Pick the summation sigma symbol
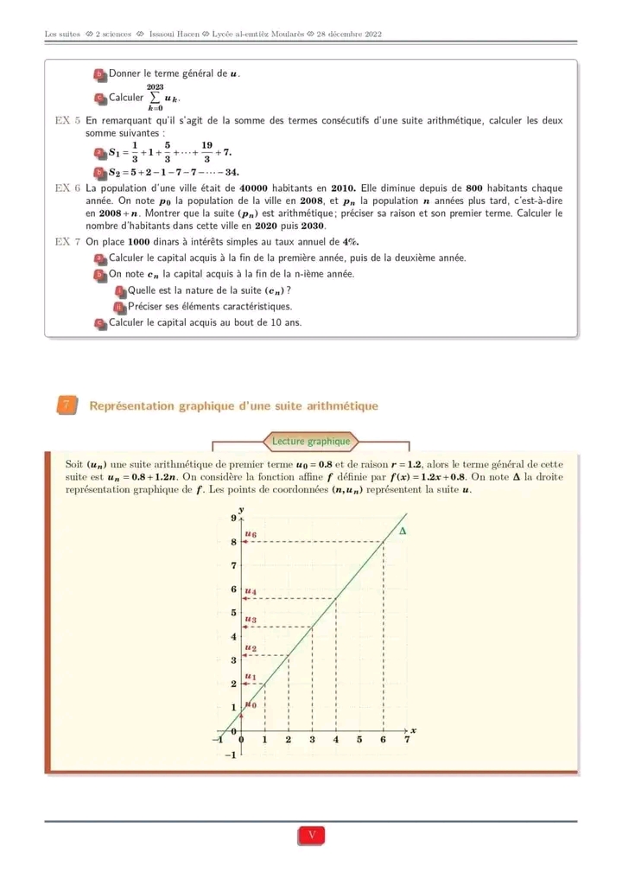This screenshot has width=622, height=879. [x=155, y=98]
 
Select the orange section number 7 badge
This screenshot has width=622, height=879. [x=66, y=405]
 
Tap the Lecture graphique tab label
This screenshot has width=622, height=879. [x=311, y=442]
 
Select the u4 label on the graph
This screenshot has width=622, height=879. [x=251, y=592]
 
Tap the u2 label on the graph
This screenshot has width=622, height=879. [x=251, y=647]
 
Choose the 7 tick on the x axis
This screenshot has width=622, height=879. [x=407, y=740]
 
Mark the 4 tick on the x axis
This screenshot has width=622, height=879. [x=336, y=740]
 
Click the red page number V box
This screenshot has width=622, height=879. [x=312, y=836]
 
